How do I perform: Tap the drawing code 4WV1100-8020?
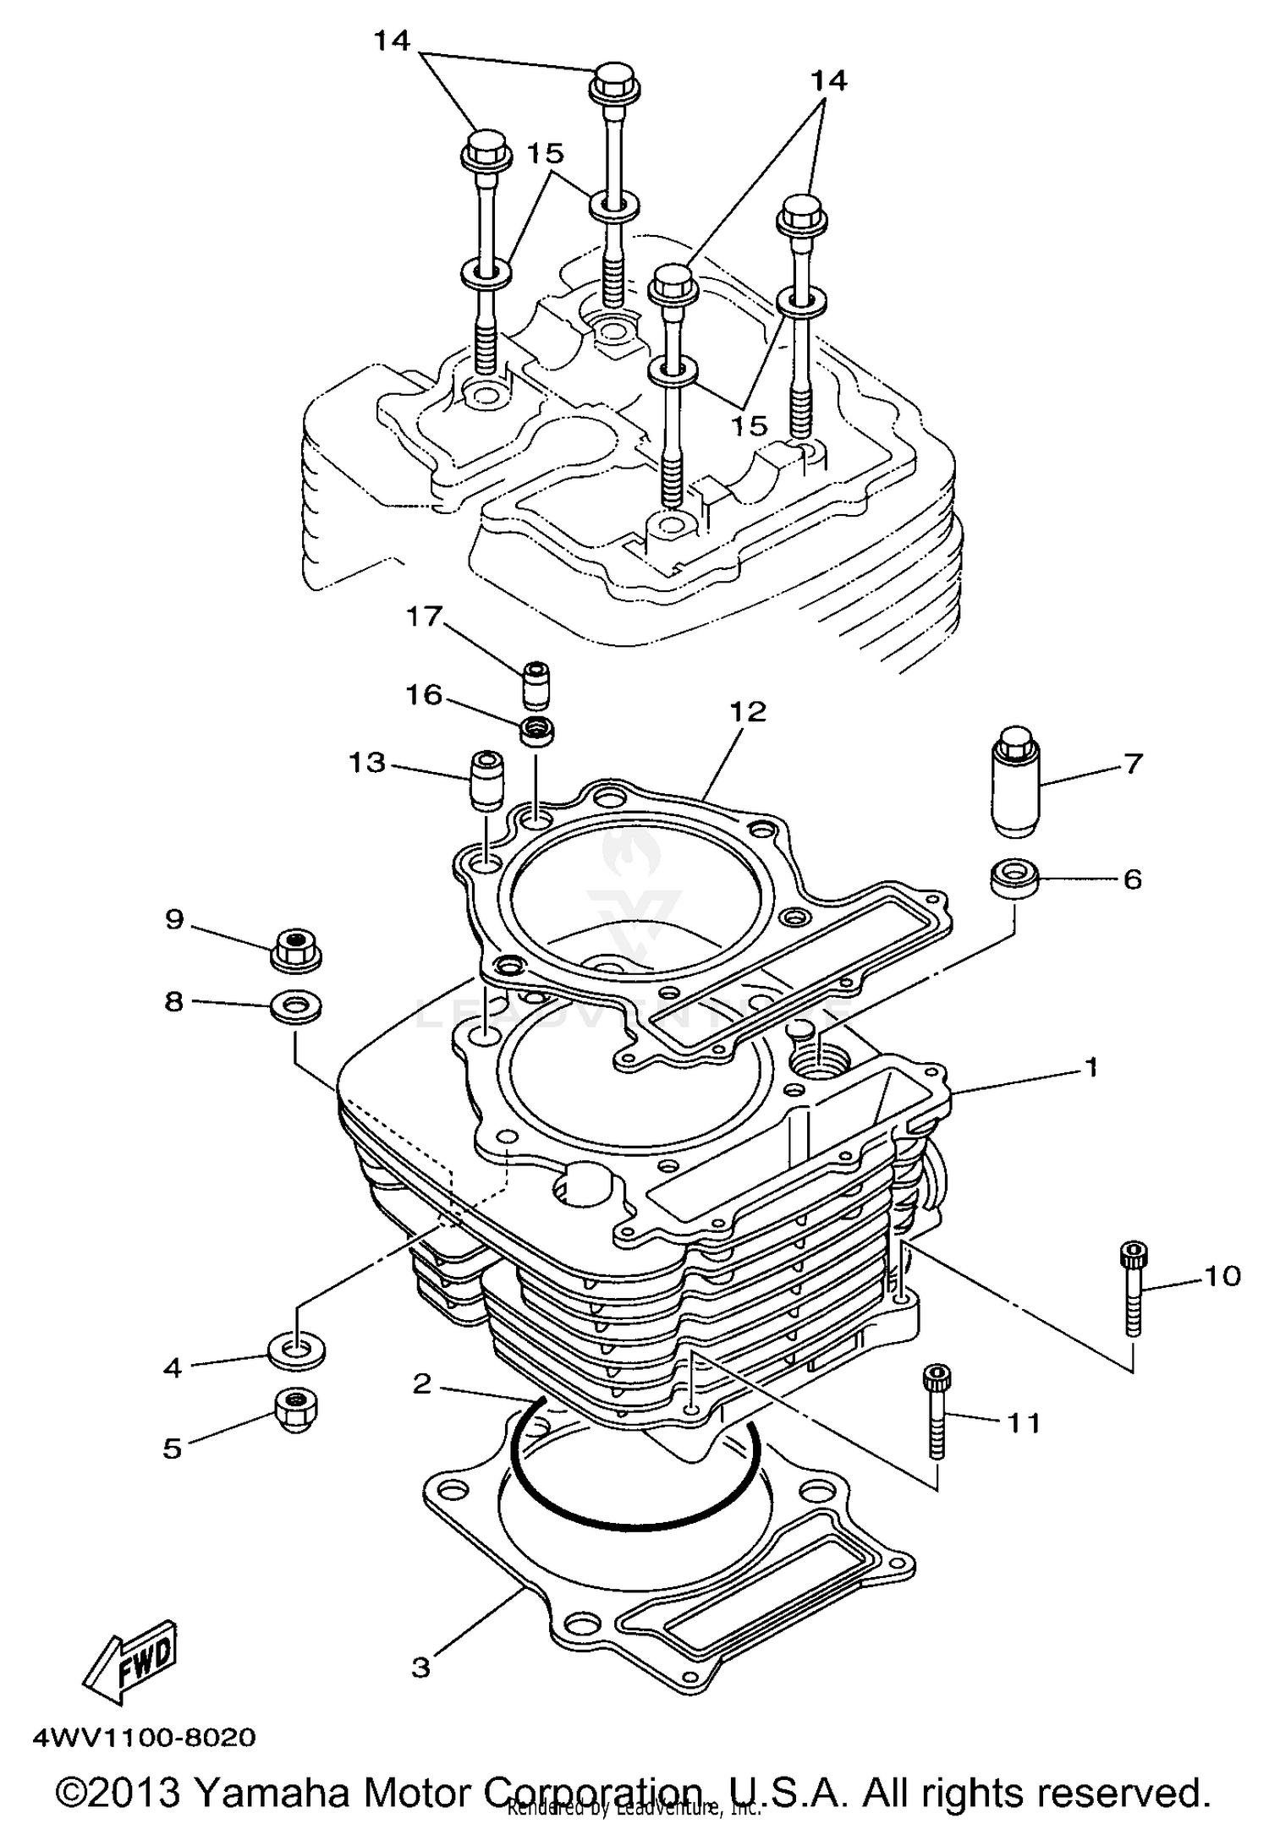(144, 1738)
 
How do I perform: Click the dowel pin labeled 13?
(485, 779)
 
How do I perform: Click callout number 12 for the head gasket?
(747, 712)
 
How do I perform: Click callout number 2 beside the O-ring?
(422, 1383)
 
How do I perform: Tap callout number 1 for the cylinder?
(1090, 1067)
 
